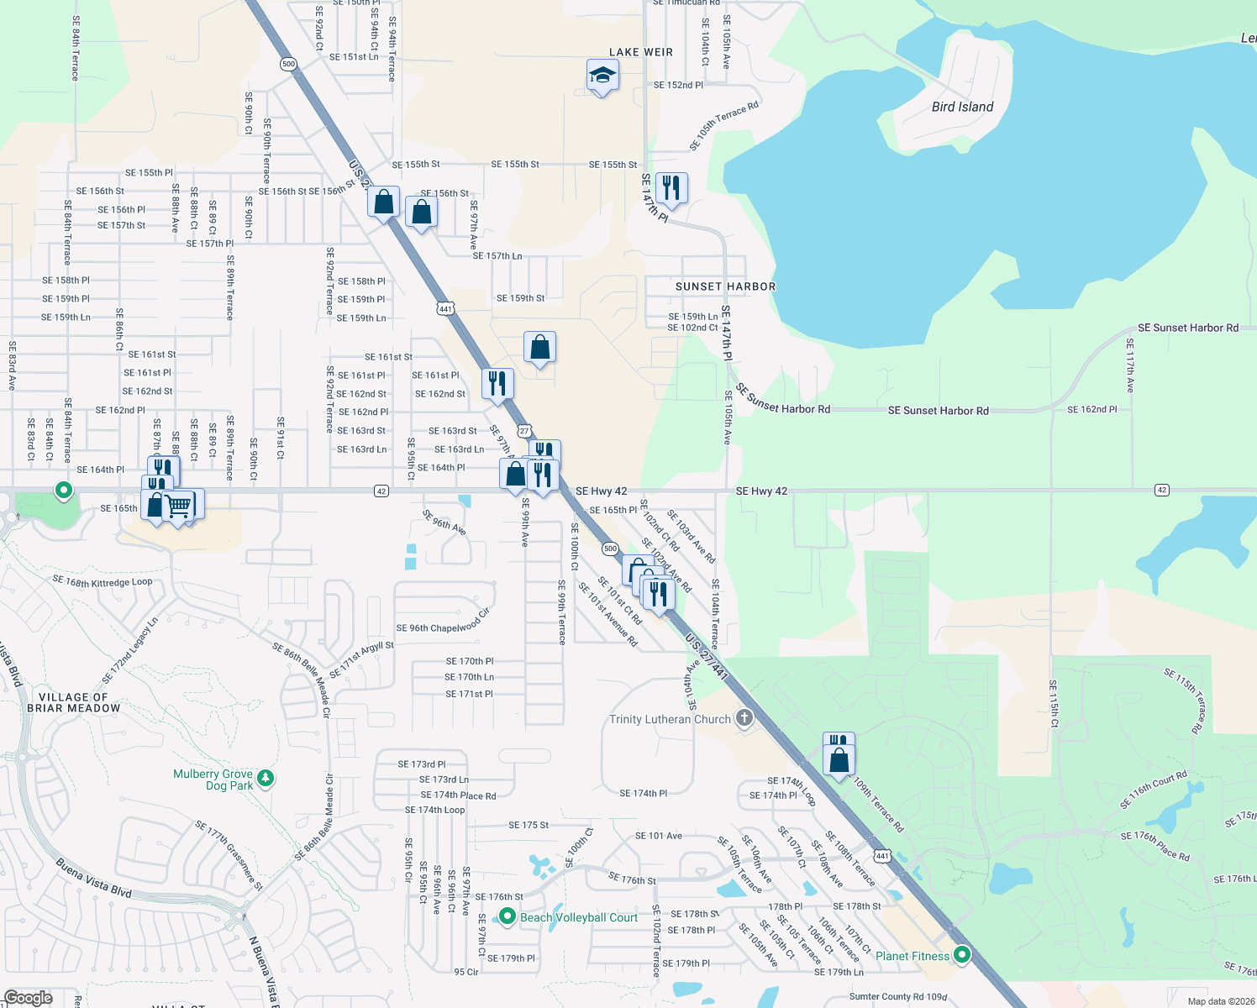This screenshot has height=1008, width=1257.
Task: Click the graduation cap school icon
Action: [602, 76]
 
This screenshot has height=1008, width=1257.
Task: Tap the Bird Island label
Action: [962, 107]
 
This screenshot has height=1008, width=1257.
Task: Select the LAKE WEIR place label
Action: [641, 52]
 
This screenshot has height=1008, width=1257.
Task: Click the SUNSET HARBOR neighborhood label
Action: [725, 286]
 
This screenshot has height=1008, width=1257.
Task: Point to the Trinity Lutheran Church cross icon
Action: [744, 718]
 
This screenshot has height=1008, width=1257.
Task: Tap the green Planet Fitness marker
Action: [962, 955]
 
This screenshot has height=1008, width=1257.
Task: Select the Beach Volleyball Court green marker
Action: [507, 916]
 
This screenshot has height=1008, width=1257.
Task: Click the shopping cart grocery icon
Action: [179, 506]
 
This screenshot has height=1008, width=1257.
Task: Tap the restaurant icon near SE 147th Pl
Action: [671, 188]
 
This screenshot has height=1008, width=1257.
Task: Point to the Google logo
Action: [28, 998]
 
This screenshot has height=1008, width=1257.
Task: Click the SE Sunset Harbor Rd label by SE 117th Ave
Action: [1187, 328]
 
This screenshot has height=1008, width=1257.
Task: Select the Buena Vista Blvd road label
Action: [94, 877]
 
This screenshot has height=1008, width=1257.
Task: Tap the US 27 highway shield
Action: [524, 431]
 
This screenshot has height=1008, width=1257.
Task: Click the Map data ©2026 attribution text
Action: [1221, 1001]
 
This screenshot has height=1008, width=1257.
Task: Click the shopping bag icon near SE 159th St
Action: [539, 347]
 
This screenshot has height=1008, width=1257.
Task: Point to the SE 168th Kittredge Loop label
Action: [103, 581]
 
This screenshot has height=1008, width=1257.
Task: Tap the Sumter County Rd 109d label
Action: [897, 997]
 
